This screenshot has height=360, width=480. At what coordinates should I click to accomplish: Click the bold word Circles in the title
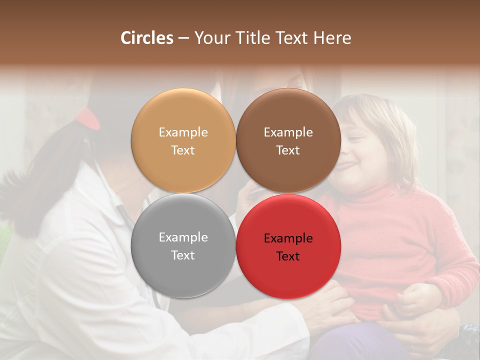point(146,38)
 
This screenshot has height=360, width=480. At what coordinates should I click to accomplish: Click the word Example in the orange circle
point(183,132)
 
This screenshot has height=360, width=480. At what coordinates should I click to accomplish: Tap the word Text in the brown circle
point(288,150)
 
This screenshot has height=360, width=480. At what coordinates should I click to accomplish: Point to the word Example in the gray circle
point(183,237)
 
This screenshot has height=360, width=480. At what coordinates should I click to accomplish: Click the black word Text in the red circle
point(288,256)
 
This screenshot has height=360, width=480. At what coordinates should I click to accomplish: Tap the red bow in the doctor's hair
point(87,118)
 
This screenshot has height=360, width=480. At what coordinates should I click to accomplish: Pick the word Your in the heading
point(210,38)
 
